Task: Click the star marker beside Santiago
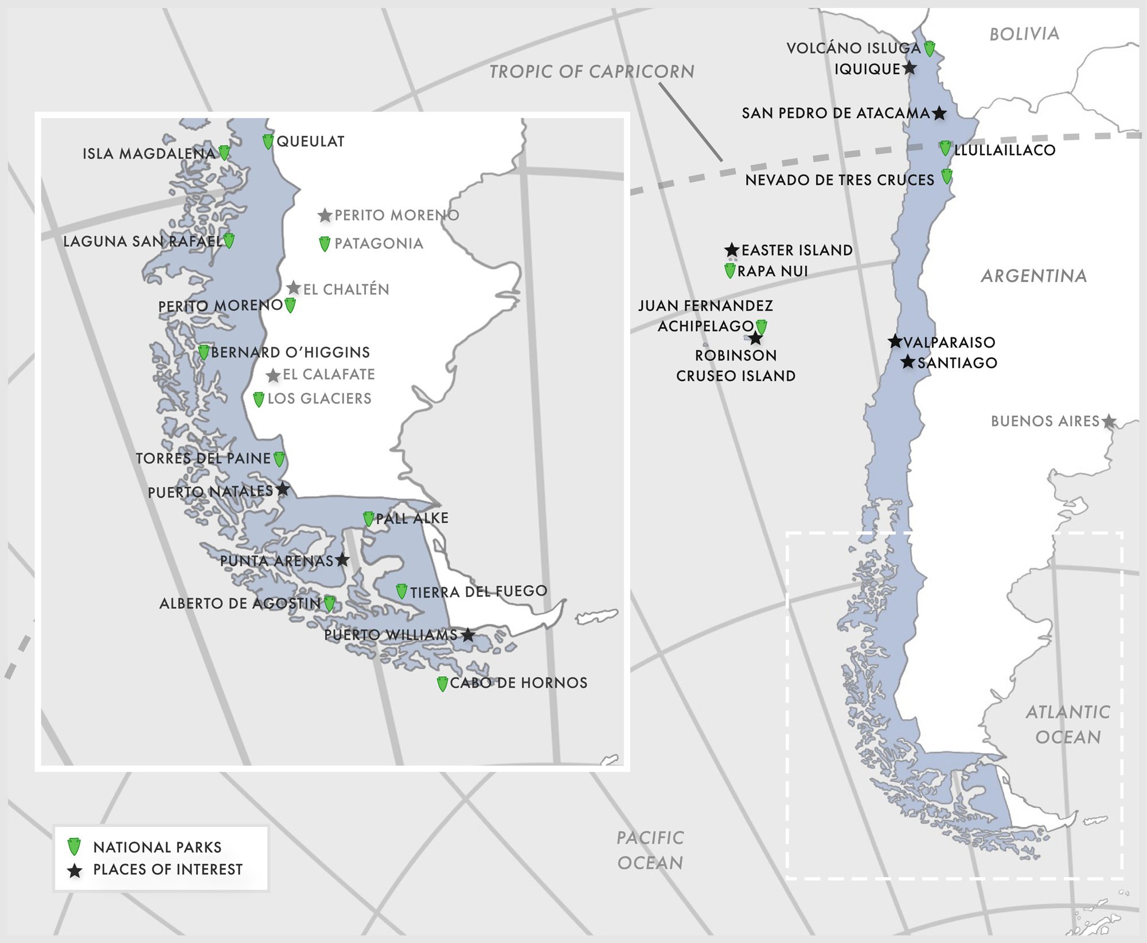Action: [908, 362]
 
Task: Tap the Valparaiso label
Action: [949, 342]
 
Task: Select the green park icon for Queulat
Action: [268, 141]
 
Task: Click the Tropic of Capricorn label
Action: [591, 72]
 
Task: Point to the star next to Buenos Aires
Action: [1109, 422]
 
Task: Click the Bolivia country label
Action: [1024, 34]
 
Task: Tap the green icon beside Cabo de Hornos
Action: [442, 684]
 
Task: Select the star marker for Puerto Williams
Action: [469, 635]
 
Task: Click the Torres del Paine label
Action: [203, 458]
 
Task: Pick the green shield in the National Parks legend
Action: [74, 847]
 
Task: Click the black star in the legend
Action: [75, 871]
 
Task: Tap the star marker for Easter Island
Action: [732, 250]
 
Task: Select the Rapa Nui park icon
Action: [730, 271]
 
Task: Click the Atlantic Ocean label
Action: [1068, 724]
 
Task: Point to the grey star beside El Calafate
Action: [274, 376]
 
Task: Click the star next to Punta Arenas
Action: [342, 559]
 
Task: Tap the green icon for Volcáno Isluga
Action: [930, 49]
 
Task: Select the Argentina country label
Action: [1034, 276]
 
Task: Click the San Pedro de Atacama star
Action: [939, 113]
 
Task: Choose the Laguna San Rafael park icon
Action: [229, 241]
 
